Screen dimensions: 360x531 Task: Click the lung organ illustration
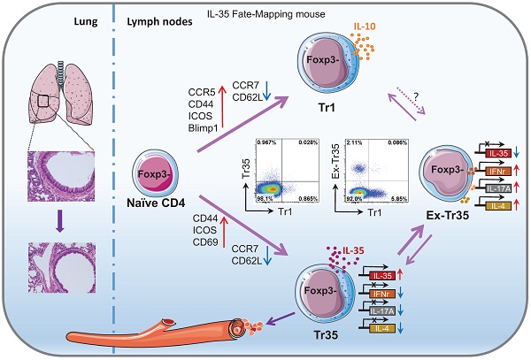coord(62,88)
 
